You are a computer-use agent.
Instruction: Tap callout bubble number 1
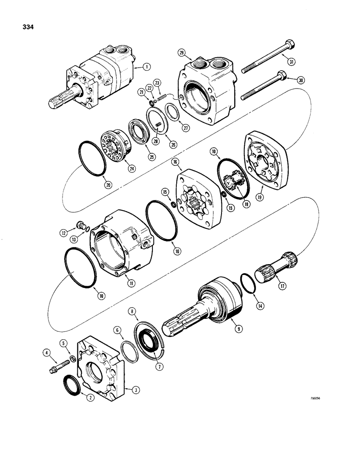pos(148,67)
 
